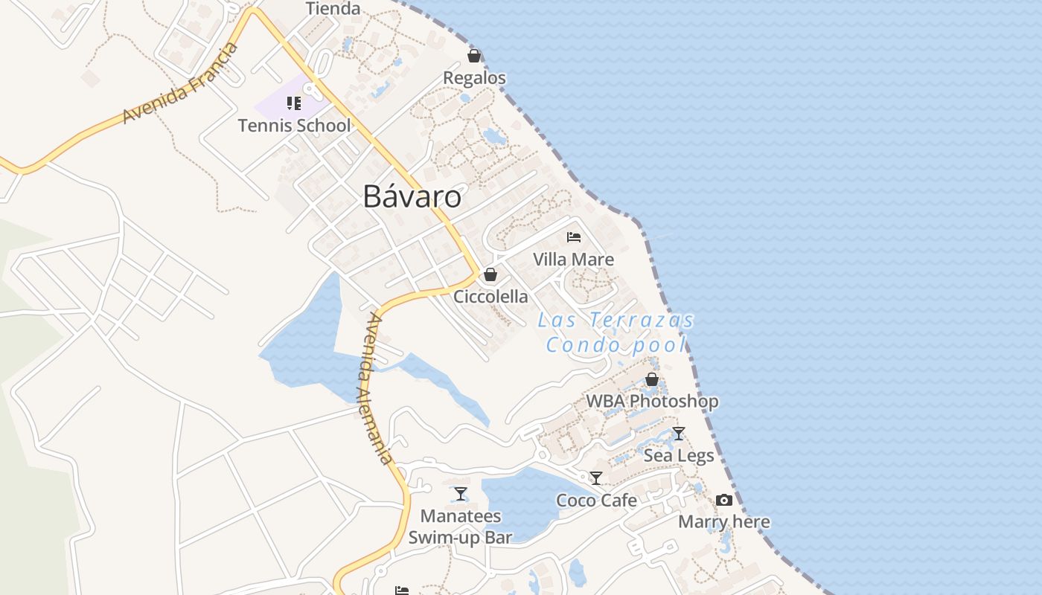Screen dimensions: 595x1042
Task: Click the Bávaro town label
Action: tap(412, 196)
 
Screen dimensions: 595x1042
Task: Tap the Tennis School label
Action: tap(294, 125)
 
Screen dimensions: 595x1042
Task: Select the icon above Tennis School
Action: tap(294, 103)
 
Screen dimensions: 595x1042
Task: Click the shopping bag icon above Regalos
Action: tap(474, 56)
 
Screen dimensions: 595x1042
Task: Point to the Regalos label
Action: tap(474, 77)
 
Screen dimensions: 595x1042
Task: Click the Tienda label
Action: tap(333, 9)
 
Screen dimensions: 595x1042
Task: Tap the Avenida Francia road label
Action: tap(181, 83)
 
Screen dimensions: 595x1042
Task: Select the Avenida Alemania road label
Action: tap(380, 388)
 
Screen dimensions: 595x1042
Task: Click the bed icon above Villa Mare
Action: tap(574, 237)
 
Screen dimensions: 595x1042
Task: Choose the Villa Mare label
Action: tap(574, 259)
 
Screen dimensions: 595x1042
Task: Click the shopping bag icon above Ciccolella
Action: tap(490, 274)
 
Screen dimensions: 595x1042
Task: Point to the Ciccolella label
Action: tap(490, 296)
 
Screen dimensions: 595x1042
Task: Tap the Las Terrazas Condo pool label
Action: tap(616, 332)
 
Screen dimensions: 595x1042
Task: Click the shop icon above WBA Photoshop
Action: tap(652, 379)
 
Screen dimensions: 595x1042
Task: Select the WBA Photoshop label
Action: tap(652, 401)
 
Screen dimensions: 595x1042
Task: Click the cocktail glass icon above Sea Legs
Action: tap(679, 433)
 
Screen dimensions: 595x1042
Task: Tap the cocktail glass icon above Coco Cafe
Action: tap(596, 477)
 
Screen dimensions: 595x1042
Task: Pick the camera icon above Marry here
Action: tap(724, 500)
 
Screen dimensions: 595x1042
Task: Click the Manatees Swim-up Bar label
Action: tap(461, 526)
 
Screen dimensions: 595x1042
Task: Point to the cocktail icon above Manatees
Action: tap(461, 493)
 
